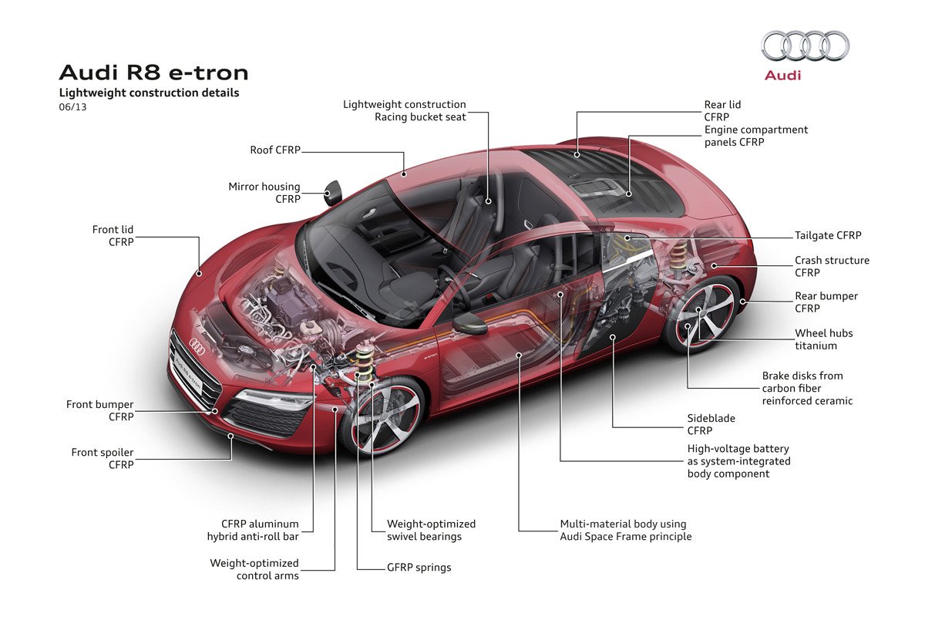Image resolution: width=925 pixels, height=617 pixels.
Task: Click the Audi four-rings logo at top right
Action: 806,46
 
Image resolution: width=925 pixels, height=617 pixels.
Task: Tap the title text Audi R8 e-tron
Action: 153,72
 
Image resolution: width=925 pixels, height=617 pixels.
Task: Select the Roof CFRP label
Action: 274,150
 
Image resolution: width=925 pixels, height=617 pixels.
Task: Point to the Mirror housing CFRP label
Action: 264,193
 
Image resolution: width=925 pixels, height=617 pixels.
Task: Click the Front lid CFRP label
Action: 113,236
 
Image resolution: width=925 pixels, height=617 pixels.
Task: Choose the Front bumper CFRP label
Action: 99,410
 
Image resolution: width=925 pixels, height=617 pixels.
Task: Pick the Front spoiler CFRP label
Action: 103,458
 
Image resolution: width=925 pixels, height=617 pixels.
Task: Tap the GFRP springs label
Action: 419,568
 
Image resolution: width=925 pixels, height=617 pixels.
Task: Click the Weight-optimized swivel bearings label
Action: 431,530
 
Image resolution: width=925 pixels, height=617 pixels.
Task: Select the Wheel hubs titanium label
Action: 823,339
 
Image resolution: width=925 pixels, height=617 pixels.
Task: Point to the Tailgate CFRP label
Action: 828,235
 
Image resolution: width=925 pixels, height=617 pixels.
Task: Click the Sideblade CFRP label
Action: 711,424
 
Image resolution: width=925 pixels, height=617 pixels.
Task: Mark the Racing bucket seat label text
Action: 420,117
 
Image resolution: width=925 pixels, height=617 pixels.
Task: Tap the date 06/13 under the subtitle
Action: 72,107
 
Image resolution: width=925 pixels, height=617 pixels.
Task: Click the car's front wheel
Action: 383,416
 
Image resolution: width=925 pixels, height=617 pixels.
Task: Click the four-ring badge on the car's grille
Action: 197,348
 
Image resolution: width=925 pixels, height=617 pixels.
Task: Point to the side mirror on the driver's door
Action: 469,323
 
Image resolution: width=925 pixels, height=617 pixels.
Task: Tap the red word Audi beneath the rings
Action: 782,76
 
